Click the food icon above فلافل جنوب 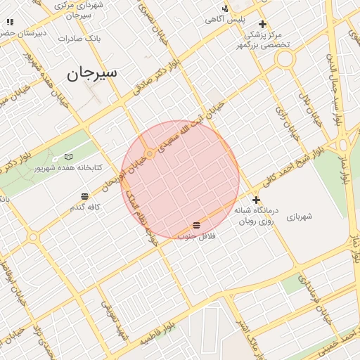point(195,225)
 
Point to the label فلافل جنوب point(195,237)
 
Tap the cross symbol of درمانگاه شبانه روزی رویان point(256,200)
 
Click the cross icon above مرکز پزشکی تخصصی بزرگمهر point(263,23)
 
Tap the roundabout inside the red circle point(150,153)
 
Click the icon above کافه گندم point(84,195)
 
